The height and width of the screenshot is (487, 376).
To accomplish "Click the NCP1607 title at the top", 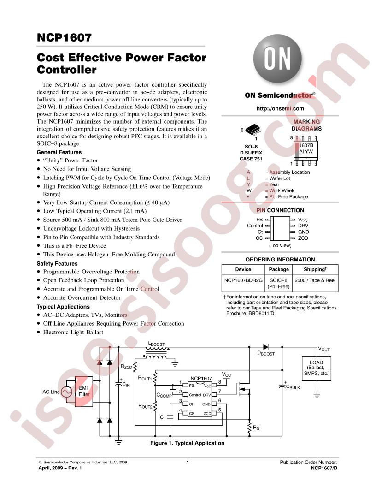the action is (64, 37).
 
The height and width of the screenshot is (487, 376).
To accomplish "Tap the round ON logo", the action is (277, 59).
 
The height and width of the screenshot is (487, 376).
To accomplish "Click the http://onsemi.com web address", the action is (280, 108).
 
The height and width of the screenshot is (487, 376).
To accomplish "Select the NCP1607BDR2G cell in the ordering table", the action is (243, 280).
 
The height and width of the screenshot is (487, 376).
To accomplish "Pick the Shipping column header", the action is (315, 269).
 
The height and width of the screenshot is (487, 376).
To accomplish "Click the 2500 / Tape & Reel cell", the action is (315, 280).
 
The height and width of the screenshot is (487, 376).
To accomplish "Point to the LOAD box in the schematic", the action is (317, 368).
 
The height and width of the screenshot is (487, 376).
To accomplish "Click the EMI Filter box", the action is (84, 392).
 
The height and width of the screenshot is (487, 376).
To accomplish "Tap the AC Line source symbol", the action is (66, 392).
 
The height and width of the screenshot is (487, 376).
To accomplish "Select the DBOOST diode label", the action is (266, 353).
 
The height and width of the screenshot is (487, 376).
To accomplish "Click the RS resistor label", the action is (256, 428).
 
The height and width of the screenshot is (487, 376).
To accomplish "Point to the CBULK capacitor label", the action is (293, 387).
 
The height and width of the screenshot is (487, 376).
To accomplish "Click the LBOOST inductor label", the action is (157, 344).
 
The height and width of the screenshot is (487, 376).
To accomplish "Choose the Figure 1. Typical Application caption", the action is (187, 443).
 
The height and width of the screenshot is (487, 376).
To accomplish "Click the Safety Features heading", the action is (57, 263).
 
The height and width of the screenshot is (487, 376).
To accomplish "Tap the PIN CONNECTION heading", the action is (280, 210).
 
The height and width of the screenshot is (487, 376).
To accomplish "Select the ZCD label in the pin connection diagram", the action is (303, 238).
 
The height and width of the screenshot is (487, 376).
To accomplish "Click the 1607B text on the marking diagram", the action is (306, 145).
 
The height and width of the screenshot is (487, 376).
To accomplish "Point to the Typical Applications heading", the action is (63, 307).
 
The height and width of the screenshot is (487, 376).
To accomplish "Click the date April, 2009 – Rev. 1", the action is (60, 468).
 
